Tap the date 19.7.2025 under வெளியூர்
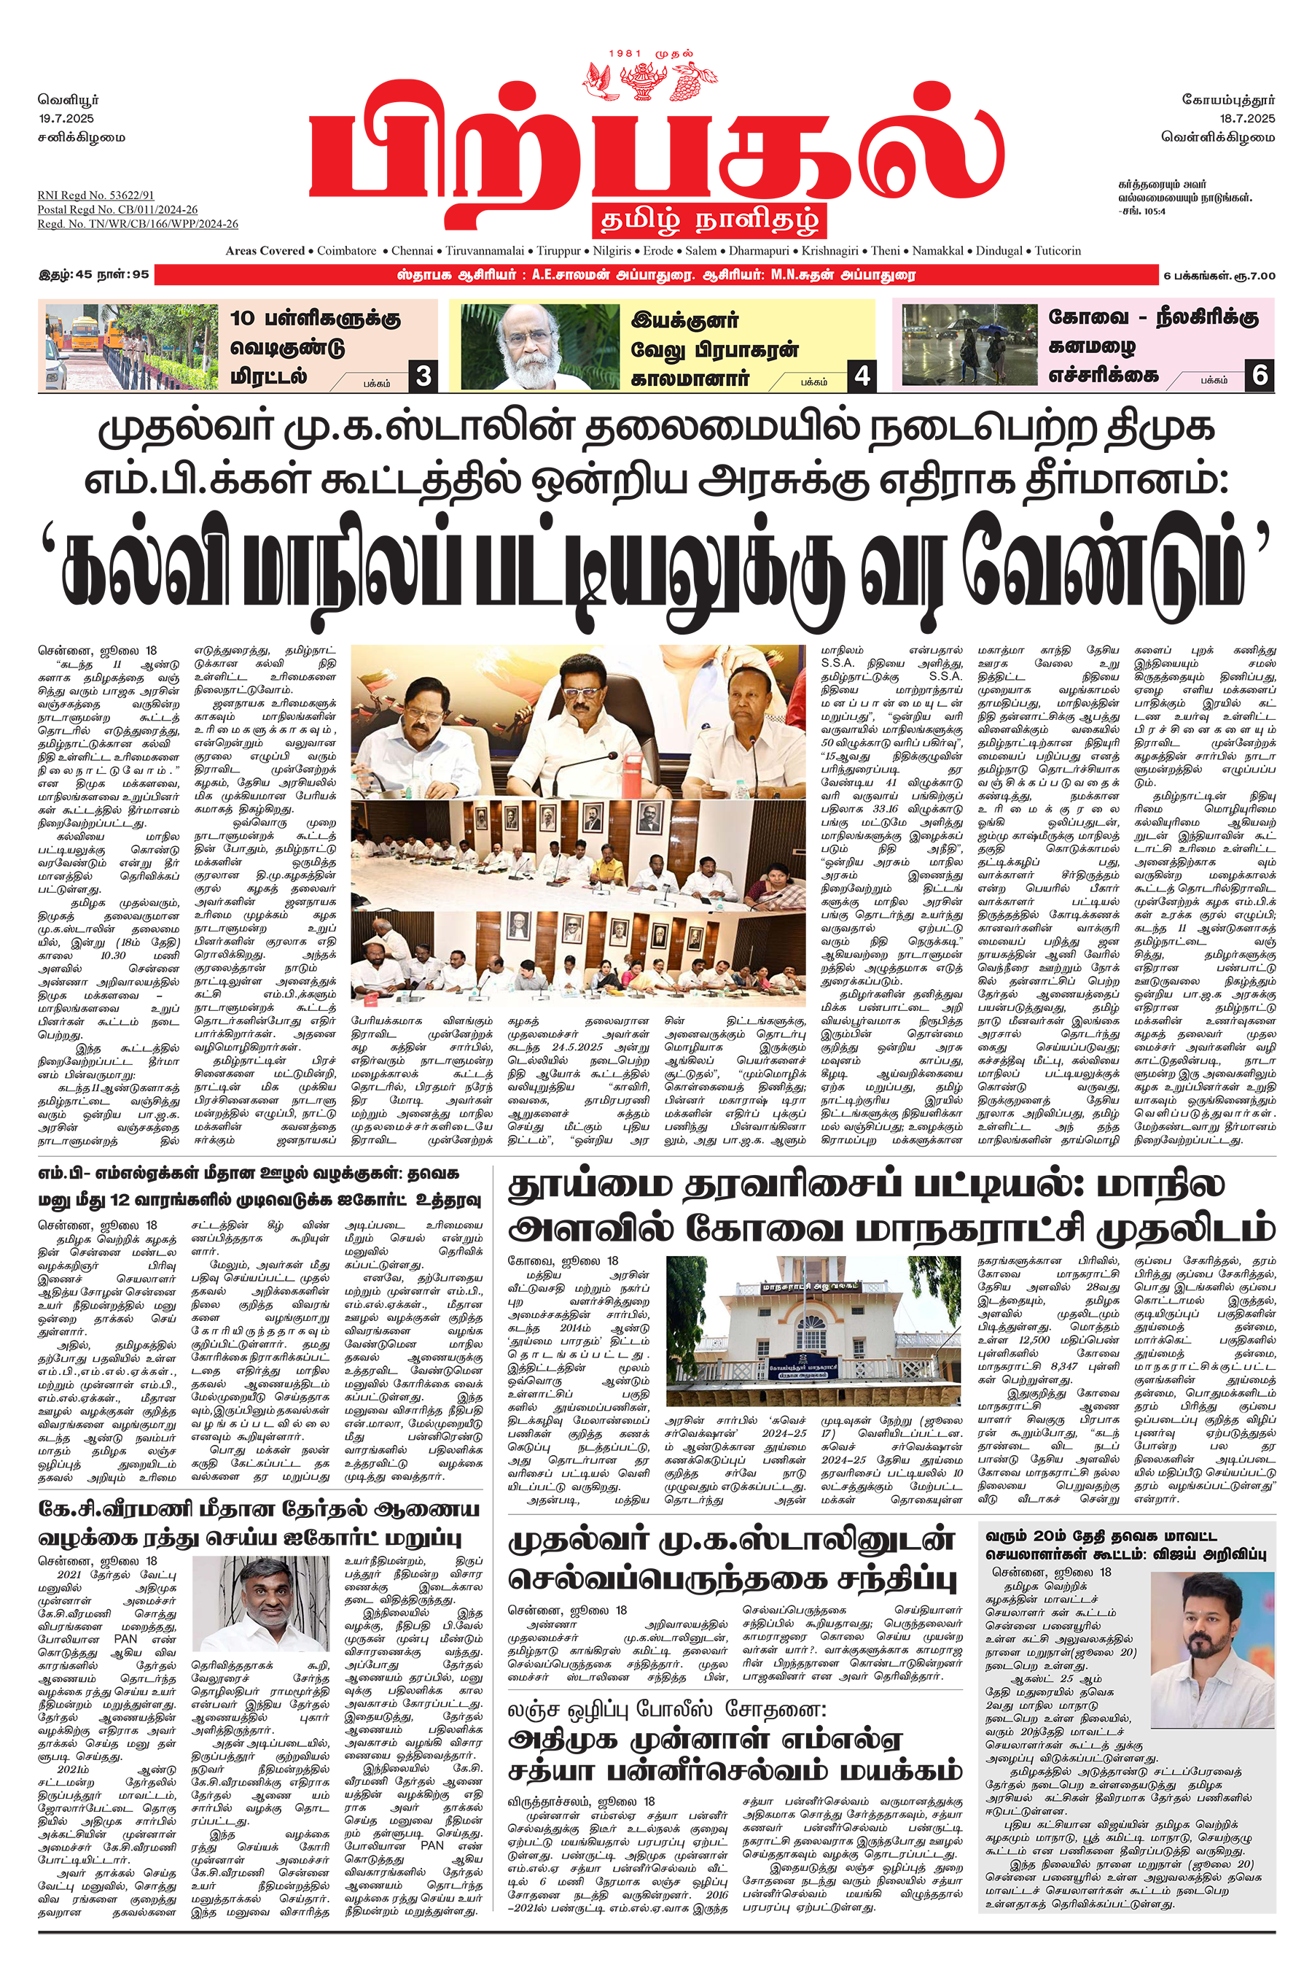(66, 118)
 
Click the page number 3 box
(423, 376)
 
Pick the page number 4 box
(862, 376)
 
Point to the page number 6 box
(1260, 375)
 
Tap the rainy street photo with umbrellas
(969, 344)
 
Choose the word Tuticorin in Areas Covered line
(1058, 250)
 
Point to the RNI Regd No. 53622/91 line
(95, 195)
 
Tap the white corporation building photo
(813, 1330)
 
